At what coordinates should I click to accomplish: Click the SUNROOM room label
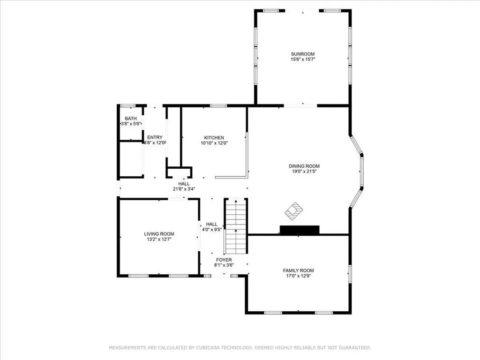[302, 54]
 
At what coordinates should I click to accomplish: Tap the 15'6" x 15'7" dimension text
[302, 60]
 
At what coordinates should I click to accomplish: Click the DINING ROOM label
[304, 166]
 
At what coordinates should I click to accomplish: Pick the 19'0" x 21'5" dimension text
[304, 172]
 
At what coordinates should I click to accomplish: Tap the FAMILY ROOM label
[298, 270]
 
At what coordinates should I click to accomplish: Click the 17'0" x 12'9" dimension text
[298, 276]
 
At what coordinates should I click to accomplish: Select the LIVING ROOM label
[159, 234]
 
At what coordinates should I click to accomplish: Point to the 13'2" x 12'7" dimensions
[159, 240]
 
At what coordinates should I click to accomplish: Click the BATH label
[130, 119]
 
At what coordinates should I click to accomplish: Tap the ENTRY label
[155, 137]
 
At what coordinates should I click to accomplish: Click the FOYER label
[224, 260]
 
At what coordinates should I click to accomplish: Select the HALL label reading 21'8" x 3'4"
[184, 184]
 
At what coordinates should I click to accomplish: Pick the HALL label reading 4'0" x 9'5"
[212, 225]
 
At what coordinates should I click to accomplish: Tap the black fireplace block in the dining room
[299, 230]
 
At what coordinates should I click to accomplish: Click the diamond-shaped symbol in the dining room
[294, 210]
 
